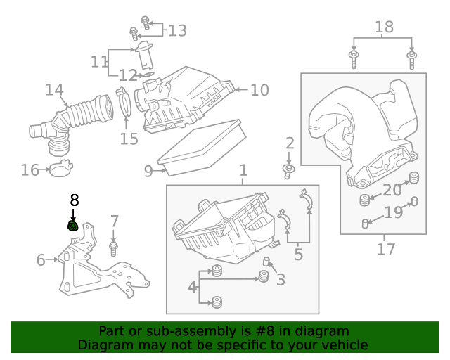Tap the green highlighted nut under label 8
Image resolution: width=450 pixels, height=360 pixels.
tap(72, 226)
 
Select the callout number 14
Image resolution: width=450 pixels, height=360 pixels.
tap(54, 91)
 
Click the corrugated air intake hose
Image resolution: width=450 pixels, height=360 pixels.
tap(88, 112)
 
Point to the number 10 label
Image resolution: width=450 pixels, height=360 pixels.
tap(259, 90)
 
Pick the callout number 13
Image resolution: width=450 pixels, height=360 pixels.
tap(177, 30)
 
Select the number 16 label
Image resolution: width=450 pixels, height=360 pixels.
tap(30, 170)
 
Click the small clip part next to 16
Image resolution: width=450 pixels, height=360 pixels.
tap(60, 169)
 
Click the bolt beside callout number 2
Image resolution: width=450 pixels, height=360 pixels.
tap(288, 170)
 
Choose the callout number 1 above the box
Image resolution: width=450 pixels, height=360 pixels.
tap(243, 171)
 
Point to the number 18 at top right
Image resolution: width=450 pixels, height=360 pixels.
tap(384, 27)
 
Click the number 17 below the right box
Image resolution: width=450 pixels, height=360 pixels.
tap(386, 249)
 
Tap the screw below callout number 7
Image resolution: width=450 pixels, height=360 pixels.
tap(114, 247)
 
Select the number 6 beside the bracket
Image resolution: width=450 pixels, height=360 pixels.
tap(41, 260)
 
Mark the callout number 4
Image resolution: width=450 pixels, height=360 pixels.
tap(192, 286)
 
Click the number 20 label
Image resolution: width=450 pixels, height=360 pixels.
tap(392, 190)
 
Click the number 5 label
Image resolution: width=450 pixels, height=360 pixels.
tap(299, 255)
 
